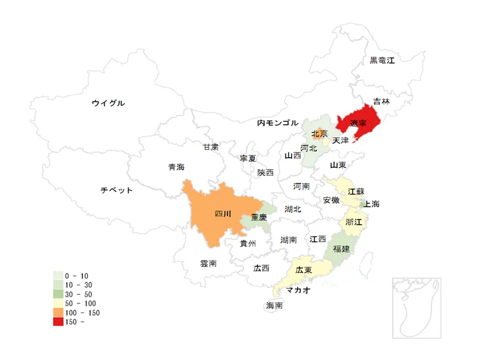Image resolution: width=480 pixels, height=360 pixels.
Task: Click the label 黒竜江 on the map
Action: click(382, 60)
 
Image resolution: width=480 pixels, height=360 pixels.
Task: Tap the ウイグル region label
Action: click(108, 103)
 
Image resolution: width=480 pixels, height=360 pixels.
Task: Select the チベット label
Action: click(117, 190)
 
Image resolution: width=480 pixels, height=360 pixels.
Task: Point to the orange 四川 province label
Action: click(223, 214)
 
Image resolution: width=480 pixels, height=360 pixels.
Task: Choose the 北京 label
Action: click(319, 134)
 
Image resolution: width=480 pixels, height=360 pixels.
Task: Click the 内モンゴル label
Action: click(277, 123)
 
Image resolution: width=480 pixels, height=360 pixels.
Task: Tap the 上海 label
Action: click(371, 204)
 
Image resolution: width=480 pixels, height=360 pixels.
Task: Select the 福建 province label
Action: click(341, 249)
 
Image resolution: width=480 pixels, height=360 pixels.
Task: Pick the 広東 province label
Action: click(303, 270)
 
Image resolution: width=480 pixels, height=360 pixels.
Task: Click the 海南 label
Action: click(274, 306)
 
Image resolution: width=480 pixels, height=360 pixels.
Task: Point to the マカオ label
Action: click(298, 290)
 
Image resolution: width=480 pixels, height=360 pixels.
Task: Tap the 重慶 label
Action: click(259, 218)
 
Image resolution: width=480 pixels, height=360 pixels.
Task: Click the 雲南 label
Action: click(208, 263)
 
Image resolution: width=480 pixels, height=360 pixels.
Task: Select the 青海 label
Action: click(176, 167)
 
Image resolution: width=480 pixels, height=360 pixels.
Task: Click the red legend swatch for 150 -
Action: click(58, 322)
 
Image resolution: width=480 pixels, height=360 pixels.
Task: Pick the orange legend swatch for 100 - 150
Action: click(58, 313)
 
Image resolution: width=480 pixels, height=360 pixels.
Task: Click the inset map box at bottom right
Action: click(417, 307)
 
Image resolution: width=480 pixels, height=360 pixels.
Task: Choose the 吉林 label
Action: click(381, 101)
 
